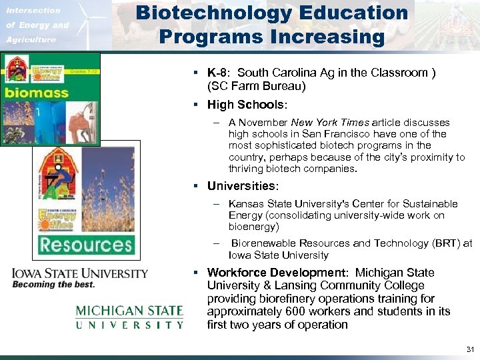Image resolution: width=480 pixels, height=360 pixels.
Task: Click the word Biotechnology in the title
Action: (215, 13)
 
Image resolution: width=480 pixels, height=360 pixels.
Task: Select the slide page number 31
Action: (470, 349)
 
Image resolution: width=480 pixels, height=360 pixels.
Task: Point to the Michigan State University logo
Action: (129, 317)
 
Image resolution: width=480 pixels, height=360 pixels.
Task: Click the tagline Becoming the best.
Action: (53, 285)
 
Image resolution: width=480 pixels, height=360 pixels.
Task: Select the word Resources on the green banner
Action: (85, 244)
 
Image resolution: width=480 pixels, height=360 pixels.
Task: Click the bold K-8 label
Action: (218, 73)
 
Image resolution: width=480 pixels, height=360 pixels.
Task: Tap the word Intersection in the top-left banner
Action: (33, 11)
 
